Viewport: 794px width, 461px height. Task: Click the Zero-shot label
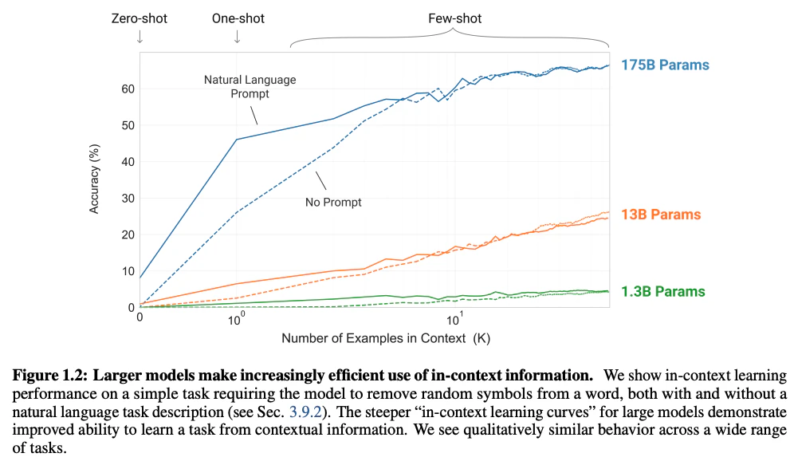140,19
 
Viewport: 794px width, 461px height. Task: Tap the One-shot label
238,19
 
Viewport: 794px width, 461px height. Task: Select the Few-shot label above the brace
454,19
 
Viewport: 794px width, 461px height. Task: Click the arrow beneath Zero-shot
140,37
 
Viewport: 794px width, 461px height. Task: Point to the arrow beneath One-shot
237,37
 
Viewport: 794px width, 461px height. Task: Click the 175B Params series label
665,65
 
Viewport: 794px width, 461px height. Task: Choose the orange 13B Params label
661,215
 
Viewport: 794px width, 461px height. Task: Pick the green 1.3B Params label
662,291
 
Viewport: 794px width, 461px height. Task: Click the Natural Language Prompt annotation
250,87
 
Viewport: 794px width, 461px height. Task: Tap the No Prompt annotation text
333,202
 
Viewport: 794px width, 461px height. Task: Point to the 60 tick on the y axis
128,89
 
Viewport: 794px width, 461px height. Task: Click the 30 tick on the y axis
128,199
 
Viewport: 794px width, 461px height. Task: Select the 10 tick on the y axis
128,271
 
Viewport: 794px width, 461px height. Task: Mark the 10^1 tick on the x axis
454,319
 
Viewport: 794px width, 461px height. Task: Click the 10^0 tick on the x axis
236,319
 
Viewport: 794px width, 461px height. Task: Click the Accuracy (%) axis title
94,179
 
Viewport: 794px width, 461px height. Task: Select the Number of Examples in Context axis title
386,338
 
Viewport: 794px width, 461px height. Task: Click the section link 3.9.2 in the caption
305,412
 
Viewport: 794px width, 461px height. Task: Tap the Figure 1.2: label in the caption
50,376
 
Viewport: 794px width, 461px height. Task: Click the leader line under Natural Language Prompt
254,116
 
